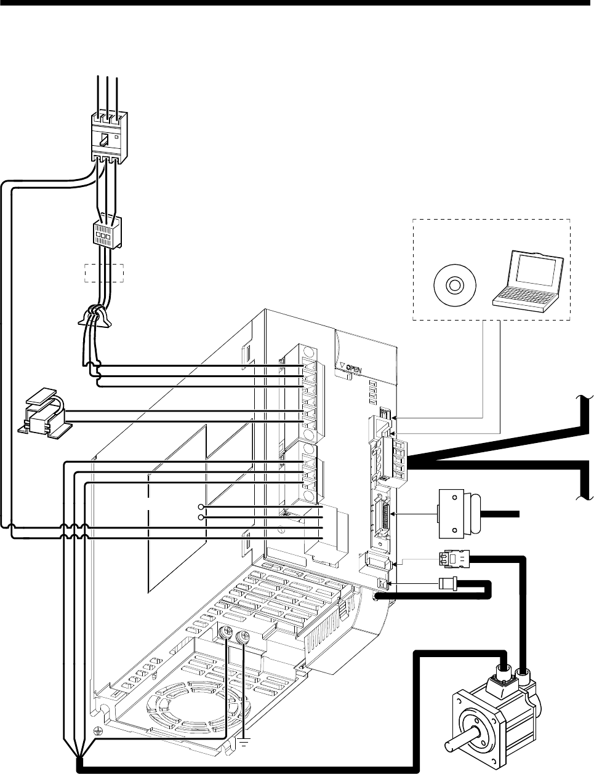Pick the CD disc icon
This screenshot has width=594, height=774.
454,285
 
